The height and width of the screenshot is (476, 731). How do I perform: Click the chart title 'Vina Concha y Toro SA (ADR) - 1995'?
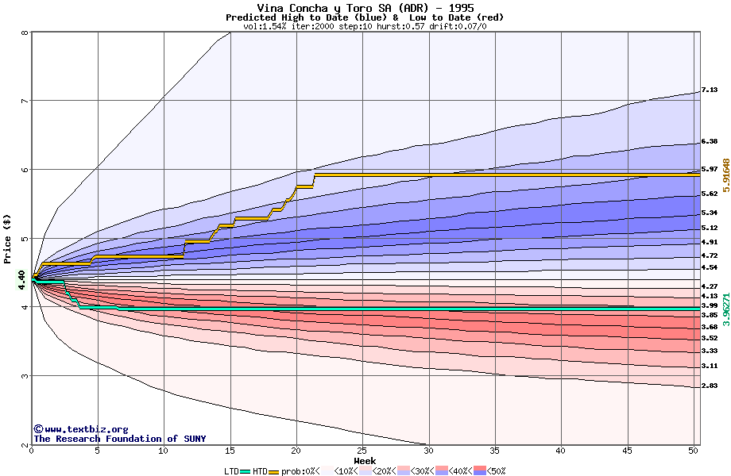tap(365, 8)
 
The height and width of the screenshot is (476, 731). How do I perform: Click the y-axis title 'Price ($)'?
tap(8, 239)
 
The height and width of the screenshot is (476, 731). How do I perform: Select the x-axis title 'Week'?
tap(365, 461)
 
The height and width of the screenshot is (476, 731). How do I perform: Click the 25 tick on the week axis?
tap(362, 451)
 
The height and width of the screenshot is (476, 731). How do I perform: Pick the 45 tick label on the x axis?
tap(627, 451)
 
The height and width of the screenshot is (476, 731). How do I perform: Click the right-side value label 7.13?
tap(710, 90)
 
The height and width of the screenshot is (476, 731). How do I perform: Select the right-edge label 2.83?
tap(710, 386)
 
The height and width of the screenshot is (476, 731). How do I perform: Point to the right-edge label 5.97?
tap(710, 169)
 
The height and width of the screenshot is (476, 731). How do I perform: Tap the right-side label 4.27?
tap(710, 286)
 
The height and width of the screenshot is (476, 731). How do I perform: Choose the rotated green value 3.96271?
tap(725, 307)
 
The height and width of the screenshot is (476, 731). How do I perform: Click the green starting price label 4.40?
tap(21, 279)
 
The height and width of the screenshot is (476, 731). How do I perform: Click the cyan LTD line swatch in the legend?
tap(245, 471)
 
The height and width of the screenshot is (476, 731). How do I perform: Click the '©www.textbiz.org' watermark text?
tap(80, 429)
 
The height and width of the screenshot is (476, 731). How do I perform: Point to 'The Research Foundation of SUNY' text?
tap(119, 439)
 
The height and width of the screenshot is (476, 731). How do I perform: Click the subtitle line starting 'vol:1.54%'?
tap(365, 26)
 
